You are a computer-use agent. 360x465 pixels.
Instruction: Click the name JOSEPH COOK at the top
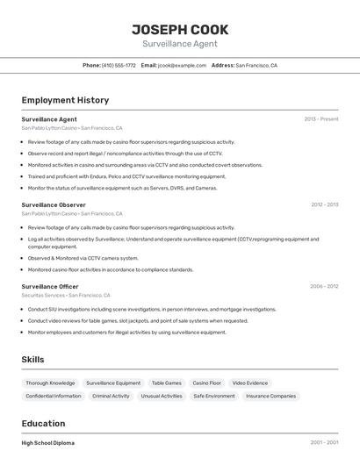coord(180,29)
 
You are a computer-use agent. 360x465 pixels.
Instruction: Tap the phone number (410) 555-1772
coord(119,65)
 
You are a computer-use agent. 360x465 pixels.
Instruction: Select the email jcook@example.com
coord(182,65)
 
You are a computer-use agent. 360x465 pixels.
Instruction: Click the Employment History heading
coord(65,100)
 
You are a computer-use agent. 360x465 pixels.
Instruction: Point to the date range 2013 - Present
coord(321,119)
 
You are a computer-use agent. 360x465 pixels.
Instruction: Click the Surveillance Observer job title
coord(54,204)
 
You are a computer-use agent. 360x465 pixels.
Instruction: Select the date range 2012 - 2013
coord(324,204)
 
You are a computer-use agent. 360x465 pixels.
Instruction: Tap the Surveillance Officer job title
coord(50,286)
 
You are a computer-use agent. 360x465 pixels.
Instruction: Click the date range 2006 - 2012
coord(324,286)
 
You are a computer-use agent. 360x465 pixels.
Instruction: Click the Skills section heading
coord(32,360)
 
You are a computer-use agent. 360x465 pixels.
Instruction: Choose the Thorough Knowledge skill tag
coord(50,383)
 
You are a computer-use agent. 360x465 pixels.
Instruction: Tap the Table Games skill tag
coord(166,383)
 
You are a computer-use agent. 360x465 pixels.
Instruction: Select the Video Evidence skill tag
coord(250,383)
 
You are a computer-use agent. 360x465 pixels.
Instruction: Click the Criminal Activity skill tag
coord(111,397)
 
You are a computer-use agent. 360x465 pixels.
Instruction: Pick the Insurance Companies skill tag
coord(270,397)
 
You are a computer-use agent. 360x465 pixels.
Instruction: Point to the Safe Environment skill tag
coord(214,397)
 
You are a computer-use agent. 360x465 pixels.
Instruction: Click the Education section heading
coord(44,423)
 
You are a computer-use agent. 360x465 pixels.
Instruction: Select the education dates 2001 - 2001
coord(324,443)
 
